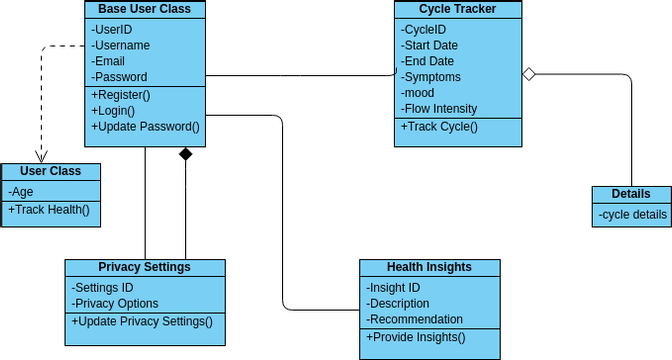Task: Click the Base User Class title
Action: click(145, 10)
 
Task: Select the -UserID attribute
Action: click(112, 29)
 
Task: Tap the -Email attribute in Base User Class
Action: click(109, 61)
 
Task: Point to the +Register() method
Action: click(120, 95)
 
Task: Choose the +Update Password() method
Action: click(145, 127)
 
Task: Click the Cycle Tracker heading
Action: click(458, 10)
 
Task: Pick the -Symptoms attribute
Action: click(431, 77)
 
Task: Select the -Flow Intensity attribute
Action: click(439, 109)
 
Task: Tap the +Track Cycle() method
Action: click(439, 127)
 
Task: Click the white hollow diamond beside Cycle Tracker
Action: click(530, 73)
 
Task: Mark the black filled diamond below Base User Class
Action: click(185, 154)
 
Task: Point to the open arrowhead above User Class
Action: click(41, 156)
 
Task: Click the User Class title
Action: click(50, 172)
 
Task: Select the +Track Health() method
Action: click(49, 209)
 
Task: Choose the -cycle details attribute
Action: click(632, 214)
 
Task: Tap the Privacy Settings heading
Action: click(145, 267)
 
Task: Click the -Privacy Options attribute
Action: click(115, 303)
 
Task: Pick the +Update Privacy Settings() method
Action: click(142, 321)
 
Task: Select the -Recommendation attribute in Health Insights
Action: click(415, 319)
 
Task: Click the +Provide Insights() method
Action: click(416, 337)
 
